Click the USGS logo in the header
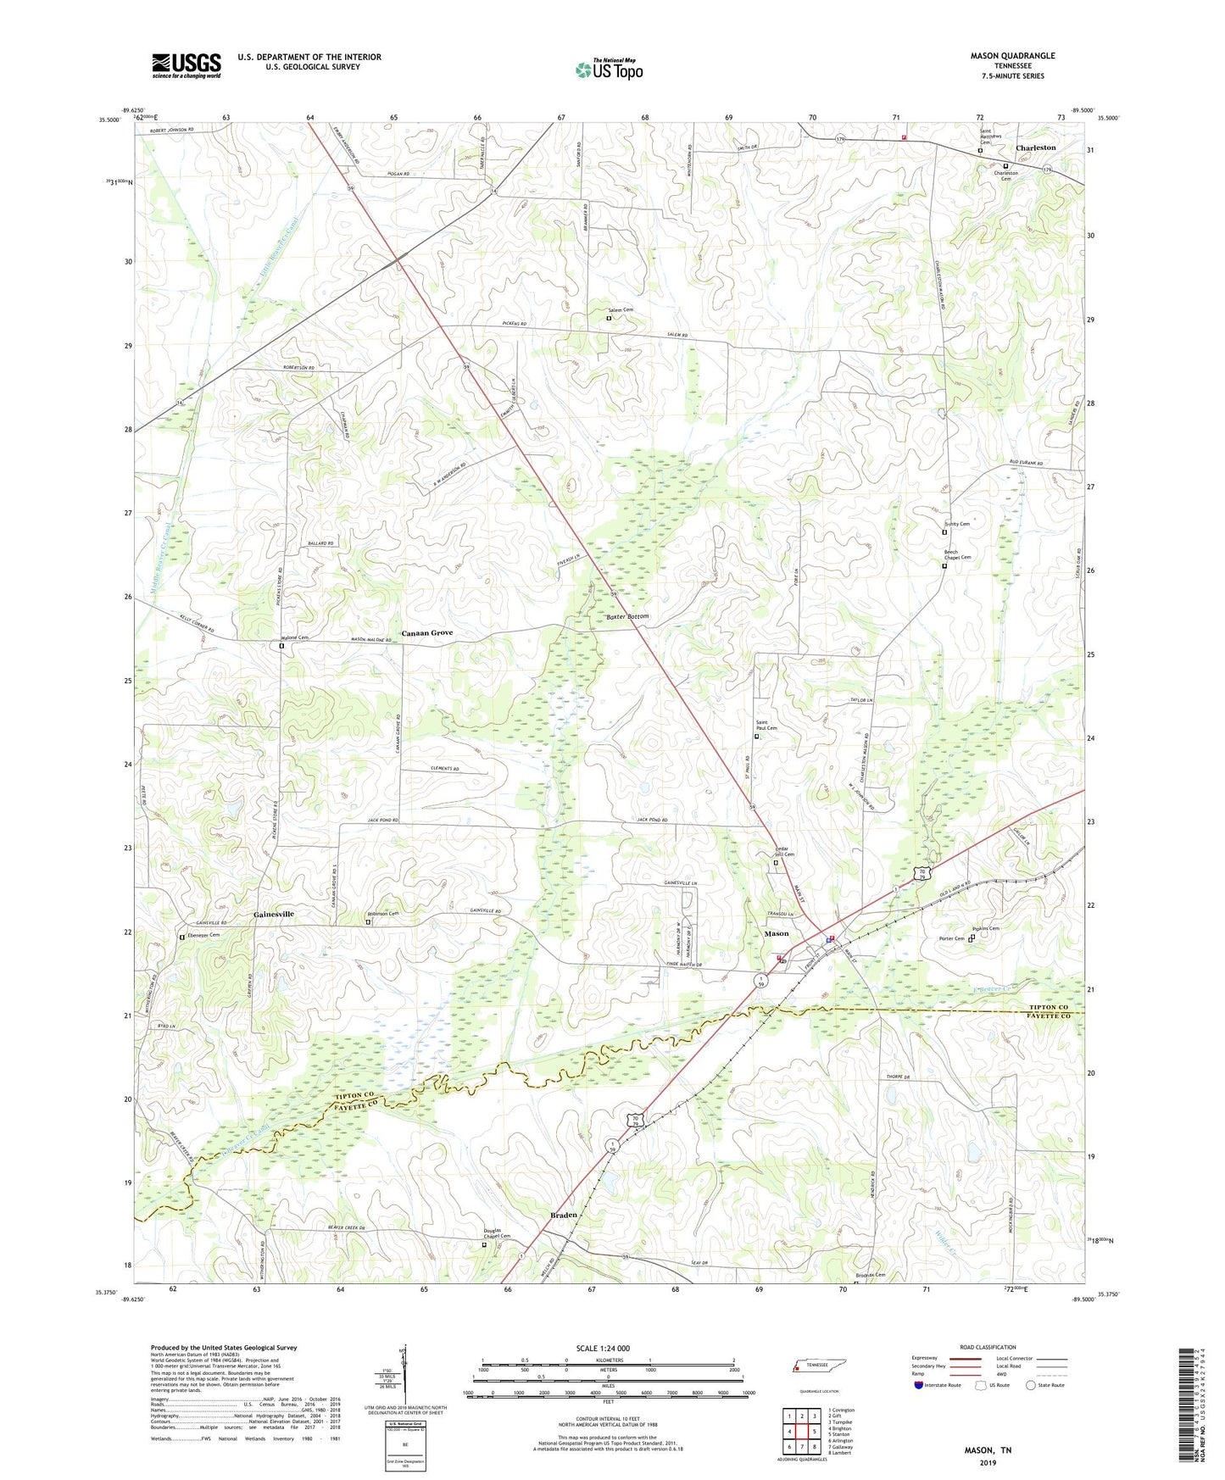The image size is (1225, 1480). coord(187,65)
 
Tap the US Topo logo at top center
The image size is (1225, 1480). coord(608,70)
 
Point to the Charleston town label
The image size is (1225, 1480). coord(1035,147)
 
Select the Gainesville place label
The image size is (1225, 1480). coord(274,915)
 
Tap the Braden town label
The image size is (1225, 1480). coord(564,1215)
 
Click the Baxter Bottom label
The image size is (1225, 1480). coord(627,617)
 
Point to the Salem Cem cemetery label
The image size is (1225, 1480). coord(620,310)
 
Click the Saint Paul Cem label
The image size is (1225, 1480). coord(766,726)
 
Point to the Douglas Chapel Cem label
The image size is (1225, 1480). coord(497,1233)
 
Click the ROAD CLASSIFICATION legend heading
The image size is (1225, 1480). coord(987,1347)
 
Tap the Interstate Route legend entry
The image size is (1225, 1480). coord(941,1385)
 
